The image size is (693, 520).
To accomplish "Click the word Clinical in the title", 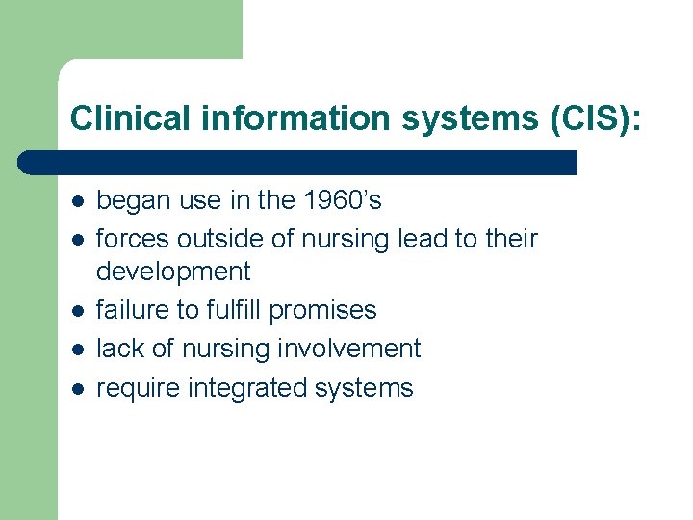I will (116, 117).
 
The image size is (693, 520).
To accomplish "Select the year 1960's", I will (343, 200).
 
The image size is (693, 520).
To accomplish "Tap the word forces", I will (128, 238).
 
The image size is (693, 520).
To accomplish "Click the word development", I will (173, 273).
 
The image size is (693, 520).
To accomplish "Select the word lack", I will (116, 349).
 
